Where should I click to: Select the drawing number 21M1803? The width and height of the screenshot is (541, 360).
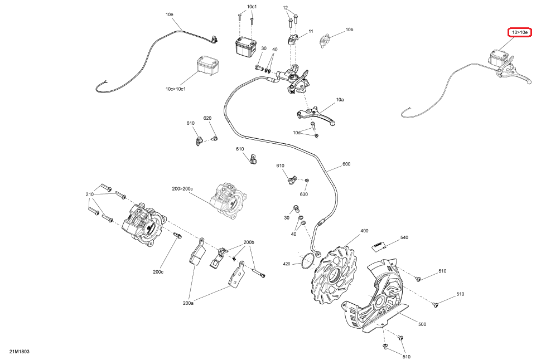[19, 352]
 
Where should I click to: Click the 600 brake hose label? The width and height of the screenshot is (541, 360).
[346, 164]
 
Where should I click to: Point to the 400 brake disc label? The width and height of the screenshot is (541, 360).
[364, 231]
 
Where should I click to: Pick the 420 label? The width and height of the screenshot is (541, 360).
[287, 264]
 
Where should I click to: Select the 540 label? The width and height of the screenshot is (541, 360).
[404, 238]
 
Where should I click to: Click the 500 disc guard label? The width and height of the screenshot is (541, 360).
[422, 324]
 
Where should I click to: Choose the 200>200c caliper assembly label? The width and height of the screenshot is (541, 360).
[182, 189]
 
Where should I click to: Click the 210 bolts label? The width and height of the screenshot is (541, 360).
[90, 194]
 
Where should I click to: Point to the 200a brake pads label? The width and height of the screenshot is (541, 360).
[188, 303]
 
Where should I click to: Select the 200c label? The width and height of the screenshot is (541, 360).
[158, 272]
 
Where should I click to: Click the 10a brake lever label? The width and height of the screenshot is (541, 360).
[340, 99]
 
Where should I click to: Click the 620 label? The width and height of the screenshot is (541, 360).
[207, 118]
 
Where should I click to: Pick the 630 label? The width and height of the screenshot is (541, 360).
[303, 194]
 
